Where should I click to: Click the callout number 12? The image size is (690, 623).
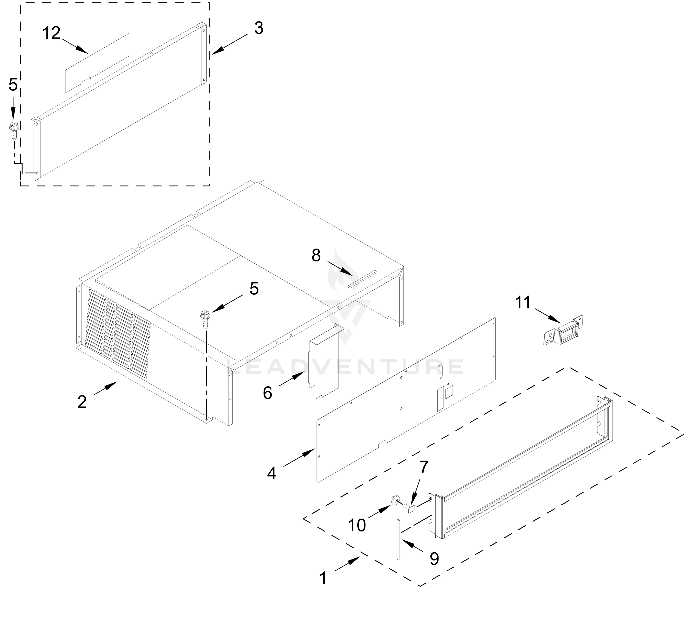point(51,34)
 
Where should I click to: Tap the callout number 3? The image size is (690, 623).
point(259,28)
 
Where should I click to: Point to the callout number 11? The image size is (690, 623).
point(523,303)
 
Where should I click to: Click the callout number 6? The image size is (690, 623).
point(267,393)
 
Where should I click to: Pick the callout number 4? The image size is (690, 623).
point(271,473)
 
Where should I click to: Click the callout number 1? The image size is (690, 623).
point(323,578)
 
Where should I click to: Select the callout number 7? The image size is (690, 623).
point(424,467)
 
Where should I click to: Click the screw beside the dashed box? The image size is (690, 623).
point(14,130)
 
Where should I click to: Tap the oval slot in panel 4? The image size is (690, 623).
point(440,371)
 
